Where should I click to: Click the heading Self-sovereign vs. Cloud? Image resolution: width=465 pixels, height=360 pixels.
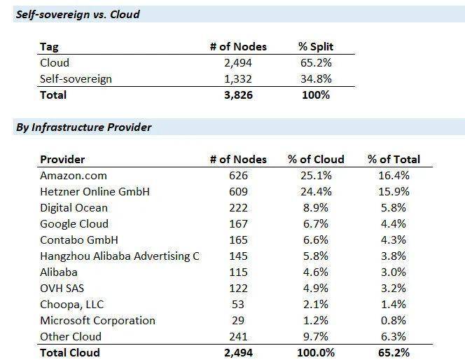point(78,14)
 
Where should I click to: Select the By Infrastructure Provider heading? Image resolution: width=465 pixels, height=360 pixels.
point(83,127)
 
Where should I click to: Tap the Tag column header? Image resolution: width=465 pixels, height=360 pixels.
point(50,47)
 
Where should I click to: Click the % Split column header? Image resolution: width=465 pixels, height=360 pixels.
point(315,47)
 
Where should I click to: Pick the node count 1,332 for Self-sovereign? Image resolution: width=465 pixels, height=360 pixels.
point(238,78)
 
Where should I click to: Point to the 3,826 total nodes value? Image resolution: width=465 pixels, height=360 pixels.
point(238,95)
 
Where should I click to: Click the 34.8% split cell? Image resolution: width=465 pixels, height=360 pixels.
point(315,78)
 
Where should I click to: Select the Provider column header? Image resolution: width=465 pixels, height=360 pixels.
point(62,159)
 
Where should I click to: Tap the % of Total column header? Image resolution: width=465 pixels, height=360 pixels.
point(394,159)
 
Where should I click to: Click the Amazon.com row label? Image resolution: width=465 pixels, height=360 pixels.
point(74,176)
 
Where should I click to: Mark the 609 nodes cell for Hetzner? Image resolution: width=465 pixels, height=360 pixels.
point(238,191)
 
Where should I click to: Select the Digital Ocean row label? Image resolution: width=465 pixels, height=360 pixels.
point(74,207)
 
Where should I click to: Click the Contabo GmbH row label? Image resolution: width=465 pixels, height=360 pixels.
point(74,240)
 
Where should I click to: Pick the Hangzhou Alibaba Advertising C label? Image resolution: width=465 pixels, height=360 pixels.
point(120,256)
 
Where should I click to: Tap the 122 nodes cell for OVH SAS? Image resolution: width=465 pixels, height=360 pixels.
point(238,288)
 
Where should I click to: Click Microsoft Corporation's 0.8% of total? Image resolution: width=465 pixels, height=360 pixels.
point(394,320)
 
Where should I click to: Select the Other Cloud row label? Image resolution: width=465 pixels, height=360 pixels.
point(71,336)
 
